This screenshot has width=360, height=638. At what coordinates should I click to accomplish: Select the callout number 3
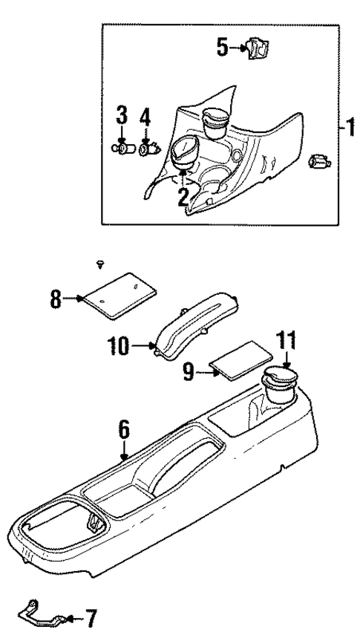tap(122, 117)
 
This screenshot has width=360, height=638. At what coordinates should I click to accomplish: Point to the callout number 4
tap(145, 117)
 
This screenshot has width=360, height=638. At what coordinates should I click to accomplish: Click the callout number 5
tap(222, 48)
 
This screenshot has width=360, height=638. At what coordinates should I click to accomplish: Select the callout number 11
tap(287, 342)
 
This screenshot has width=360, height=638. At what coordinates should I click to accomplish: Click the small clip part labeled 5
tap(259, 50)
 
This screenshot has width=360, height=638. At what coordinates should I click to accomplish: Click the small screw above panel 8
tap(101, 263)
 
